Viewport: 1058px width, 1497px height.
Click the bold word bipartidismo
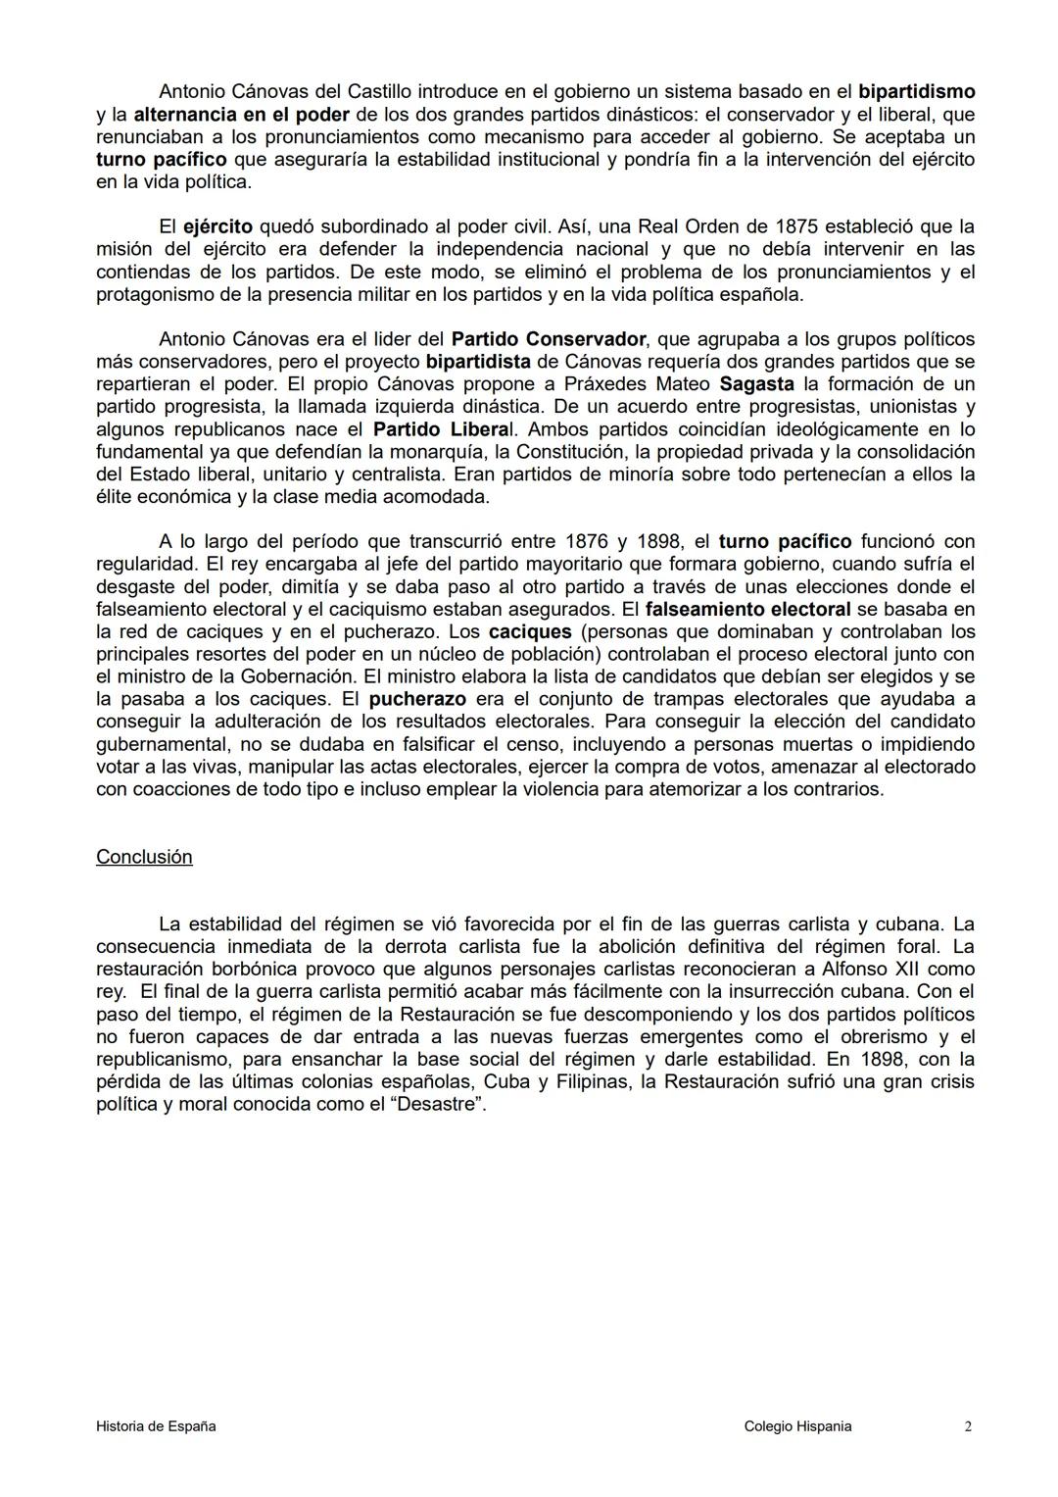(x=916, y=92)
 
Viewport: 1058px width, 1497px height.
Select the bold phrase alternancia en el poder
(x=241, y=115)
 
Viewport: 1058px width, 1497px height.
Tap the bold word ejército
(x=217, y=226)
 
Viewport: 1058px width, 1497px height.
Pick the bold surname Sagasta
(x=756, y=384)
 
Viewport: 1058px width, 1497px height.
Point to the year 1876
(x=586, y=541)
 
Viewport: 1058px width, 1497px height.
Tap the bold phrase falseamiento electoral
(x=747, y=609)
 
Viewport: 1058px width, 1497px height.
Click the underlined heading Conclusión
(x=144, y=857)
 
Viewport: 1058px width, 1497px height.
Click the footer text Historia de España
(x=156, y=1426)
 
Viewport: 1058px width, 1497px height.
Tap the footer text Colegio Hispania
(x=797, y=1426)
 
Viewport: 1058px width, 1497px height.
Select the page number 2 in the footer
(x=967, y=1426)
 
